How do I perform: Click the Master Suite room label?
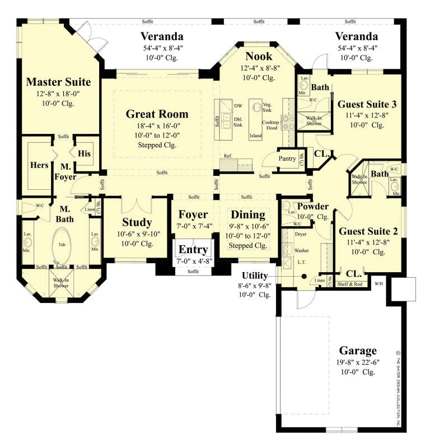pos(58,82)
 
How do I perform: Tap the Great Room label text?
pos(157,114)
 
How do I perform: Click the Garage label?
pos(358,351)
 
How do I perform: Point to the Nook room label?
pos(259,56)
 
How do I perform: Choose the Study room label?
pos(137,222)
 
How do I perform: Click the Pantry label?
pos(287,158)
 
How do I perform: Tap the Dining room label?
pos(248,214)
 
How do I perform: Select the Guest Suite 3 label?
pos(367,104)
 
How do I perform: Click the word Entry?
pos(193,249)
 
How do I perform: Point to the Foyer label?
pos(193,214)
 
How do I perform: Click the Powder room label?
pos(312,206)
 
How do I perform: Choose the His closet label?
pos(84,153)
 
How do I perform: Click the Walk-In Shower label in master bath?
pos(61,283)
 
